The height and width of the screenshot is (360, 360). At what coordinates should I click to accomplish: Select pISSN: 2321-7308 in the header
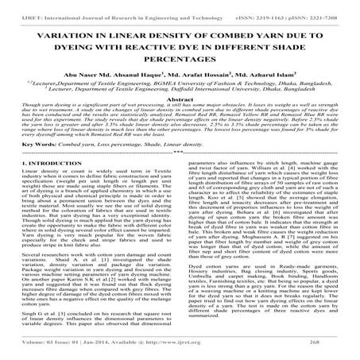316,7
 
